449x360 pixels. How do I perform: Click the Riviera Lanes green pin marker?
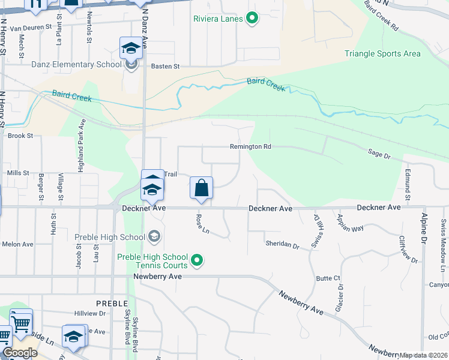click(252, 19)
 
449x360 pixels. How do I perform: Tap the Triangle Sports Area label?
click(382, 53)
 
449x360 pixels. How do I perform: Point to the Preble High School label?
click(110, 237)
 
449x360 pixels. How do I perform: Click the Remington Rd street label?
click(251, 146)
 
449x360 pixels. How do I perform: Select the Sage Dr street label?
click(379, 155)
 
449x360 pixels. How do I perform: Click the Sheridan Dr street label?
click(282, 245)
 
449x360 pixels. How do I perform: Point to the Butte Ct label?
click(328, 278)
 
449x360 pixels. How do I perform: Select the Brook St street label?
click(20, 136)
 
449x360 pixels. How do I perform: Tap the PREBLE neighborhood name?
click(110, 303)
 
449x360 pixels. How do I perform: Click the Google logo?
click(20, 353)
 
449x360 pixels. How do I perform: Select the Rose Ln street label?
click(201, 225)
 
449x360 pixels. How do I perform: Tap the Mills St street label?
click(18, 173)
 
